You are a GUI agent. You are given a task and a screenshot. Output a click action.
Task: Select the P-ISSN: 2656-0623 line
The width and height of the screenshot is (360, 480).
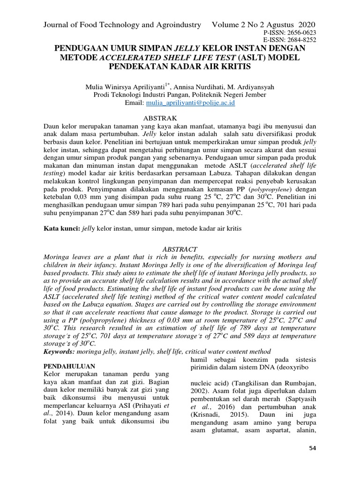(x=291, y=32)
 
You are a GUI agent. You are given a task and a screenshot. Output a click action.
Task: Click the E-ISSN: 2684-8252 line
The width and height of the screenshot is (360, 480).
(x=291, y=40)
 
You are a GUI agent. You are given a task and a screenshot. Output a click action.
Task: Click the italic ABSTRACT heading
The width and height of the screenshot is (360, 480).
(x=180, y=249)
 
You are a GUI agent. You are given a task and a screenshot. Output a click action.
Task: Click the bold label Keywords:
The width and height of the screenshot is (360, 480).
(x=60, y=351)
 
